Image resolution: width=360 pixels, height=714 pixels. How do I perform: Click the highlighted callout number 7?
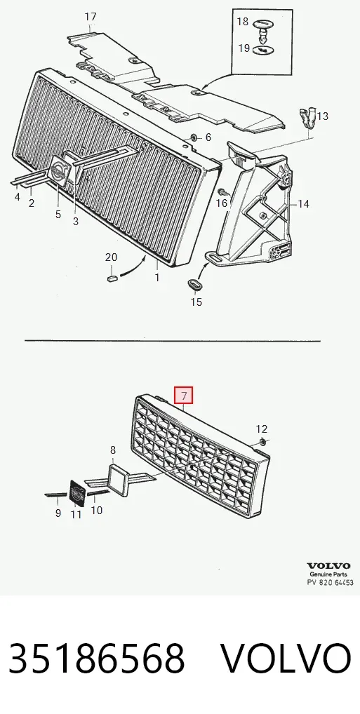point(185,396)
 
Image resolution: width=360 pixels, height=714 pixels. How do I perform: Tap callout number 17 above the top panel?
point(91,17)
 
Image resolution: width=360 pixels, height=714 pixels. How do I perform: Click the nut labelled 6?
point(194,137)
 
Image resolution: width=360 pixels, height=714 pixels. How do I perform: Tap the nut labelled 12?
point(263,441)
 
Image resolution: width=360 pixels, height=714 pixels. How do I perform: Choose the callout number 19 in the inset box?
point(244,48)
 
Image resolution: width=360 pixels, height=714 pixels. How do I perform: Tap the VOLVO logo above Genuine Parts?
point(328,566)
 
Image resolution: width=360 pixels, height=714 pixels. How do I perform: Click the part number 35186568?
point(96,659)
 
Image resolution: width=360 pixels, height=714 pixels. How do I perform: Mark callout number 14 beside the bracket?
point(303,203)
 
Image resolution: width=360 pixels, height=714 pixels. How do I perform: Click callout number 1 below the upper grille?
point(157,276)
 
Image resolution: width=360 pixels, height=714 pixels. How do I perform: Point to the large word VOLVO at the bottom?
point(286,659)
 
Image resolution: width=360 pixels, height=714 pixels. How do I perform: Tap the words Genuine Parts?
point(328,574)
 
